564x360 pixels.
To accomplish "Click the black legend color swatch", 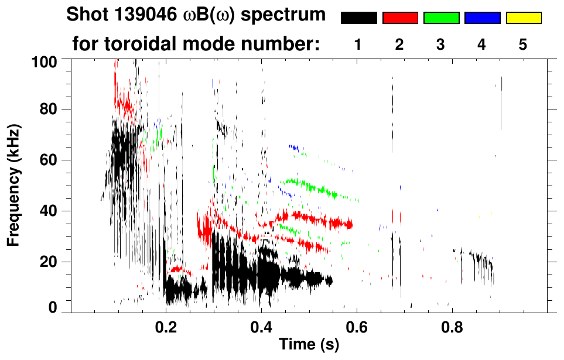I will coord(358,18).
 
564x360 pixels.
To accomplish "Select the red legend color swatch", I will coord(400,18).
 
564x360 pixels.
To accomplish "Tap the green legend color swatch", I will coord(441,18).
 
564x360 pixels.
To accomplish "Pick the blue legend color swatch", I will coord(482,18).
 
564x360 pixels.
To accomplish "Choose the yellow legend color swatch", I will coord(524,18).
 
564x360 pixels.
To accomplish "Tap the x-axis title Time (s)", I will coord(309,345).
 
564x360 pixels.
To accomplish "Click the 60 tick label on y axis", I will coord(47,160).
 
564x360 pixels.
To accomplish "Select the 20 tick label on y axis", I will coord(47,262).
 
